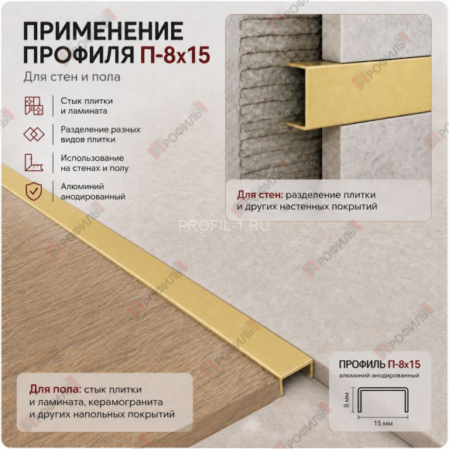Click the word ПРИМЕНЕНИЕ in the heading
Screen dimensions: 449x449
click(x=103, y=31)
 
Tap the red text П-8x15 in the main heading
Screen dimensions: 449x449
click(x=175, y=54)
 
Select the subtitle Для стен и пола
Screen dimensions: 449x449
click(x=72, y=77)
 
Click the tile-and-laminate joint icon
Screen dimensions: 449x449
click(x=34, y=105)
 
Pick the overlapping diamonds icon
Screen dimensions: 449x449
click(x=34, y=134)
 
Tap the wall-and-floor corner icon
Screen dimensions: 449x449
click(x=34, y=163)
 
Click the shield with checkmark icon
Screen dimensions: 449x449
click(x=34, y=191)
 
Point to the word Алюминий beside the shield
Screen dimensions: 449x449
click(x=82, y=187)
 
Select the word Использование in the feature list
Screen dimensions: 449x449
click(x=92, y=158)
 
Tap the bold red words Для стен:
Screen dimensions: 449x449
click(x=259, y=195)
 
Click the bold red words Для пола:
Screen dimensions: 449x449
click(x=56, y=389)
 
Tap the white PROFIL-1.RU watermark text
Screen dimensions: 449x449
click(x=224, y=225)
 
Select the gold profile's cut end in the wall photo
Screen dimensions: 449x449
click(x=296, y=96)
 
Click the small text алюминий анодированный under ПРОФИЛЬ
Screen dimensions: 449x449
click(x=379, y=375)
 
